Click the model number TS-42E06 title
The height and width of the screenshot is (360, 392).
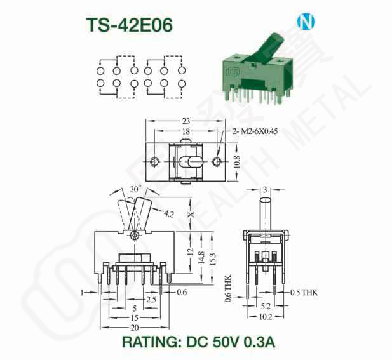[130, 25]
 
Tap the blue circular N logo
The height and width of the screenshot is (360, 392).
[306, 22]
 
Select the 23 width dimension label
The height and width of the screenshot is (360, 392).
[186, 121]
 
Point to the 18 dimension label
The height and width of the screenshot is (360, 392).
[186, 131]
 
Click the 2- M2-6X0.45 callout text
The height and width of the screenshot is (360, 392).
[255, 131]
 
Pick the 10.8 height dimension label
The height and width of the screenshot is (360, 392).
[237, 162]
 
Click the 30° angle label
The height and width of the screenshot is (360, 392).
[135, 189]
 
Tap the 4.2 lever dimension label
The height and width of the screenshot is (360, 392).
[169, 213]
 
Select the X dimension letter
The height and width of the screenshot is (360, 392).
[191, 215]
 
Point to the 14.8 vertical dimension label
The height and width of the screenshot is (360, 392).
[201, 258]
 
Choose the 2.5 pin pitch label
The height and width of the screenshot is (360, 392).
[151, 299]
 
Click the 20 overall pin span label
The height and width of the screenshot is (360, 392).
[135, 328]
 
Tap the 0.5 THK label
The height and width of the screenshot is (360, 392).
[304, 292]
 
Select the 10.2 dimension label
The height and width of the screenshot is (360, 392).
[266, 317]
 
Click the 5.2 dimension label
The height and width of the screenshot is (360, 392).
[266, 306]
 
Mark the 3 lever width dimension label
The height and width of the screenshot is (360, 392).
[265, 190]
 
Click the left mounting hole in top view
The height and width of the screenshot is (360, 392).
[154, 162]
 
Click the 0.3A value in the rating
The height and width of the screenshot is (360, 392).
[259, 342]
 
